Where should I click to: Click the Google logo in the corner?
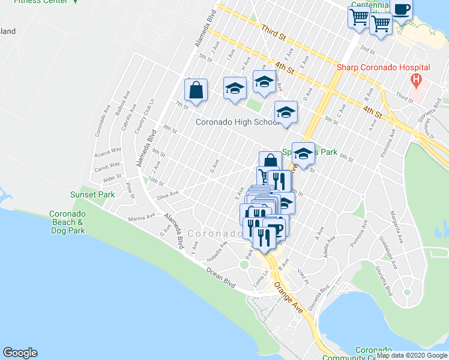pos(20,353)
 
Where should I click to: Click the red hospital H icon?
pos(415,79)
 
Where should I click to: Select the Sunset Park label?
pos(93,194)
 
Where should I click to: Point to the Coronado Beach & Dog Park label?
pos(67,222)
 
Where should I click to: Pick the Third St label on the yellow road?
pos(273,32)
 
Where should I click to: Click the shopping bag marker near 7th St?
pos(196,90)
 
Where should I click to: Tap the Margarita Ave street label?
pos(396,226)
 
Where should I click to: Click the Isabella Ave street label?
pos(217,251)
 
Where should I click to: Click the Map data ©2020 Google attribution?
pos(412,355)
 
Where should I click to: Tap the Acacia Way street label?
pos(107,151)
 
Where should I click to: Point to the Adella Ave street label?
pos(330,246)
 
